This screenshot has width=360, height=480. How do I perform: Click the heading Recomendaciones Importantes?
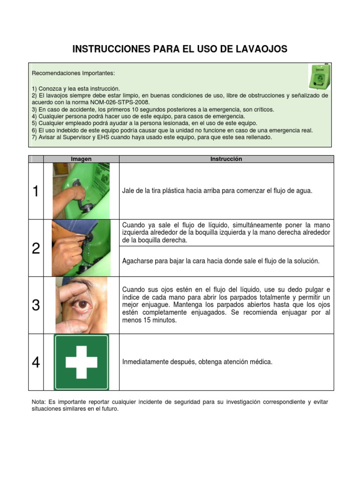(x=73, y=74)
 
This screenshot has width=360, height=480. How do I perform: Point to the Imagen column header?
(x=81, y=159)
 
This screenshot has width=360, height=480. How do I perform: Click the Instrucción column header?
(x=226, y=159)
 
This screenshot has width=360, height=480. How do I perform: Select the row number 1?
(x=36, y=191)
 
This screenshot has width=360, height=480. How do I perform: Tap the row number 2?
(x=36, y=248)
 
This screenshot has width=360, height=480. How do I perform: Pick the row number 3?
(x=36, y=306)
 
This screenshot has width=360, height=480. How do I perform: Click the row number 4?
(x=36, y=362)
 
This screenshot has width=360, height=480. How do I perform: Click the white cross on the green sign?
(x=81, y=362)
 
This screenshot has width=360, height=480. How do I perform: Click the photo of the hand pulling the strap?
(x=81, y=191)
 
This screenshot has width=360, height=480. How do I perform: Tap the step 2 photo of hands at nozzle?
(x=81, y=248)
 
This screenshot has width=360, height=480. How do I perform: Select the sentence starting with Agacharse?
(x=220, y=261)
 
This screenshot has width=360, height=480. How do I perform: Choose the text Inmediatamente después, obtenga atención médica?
(x=197, y=362)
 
